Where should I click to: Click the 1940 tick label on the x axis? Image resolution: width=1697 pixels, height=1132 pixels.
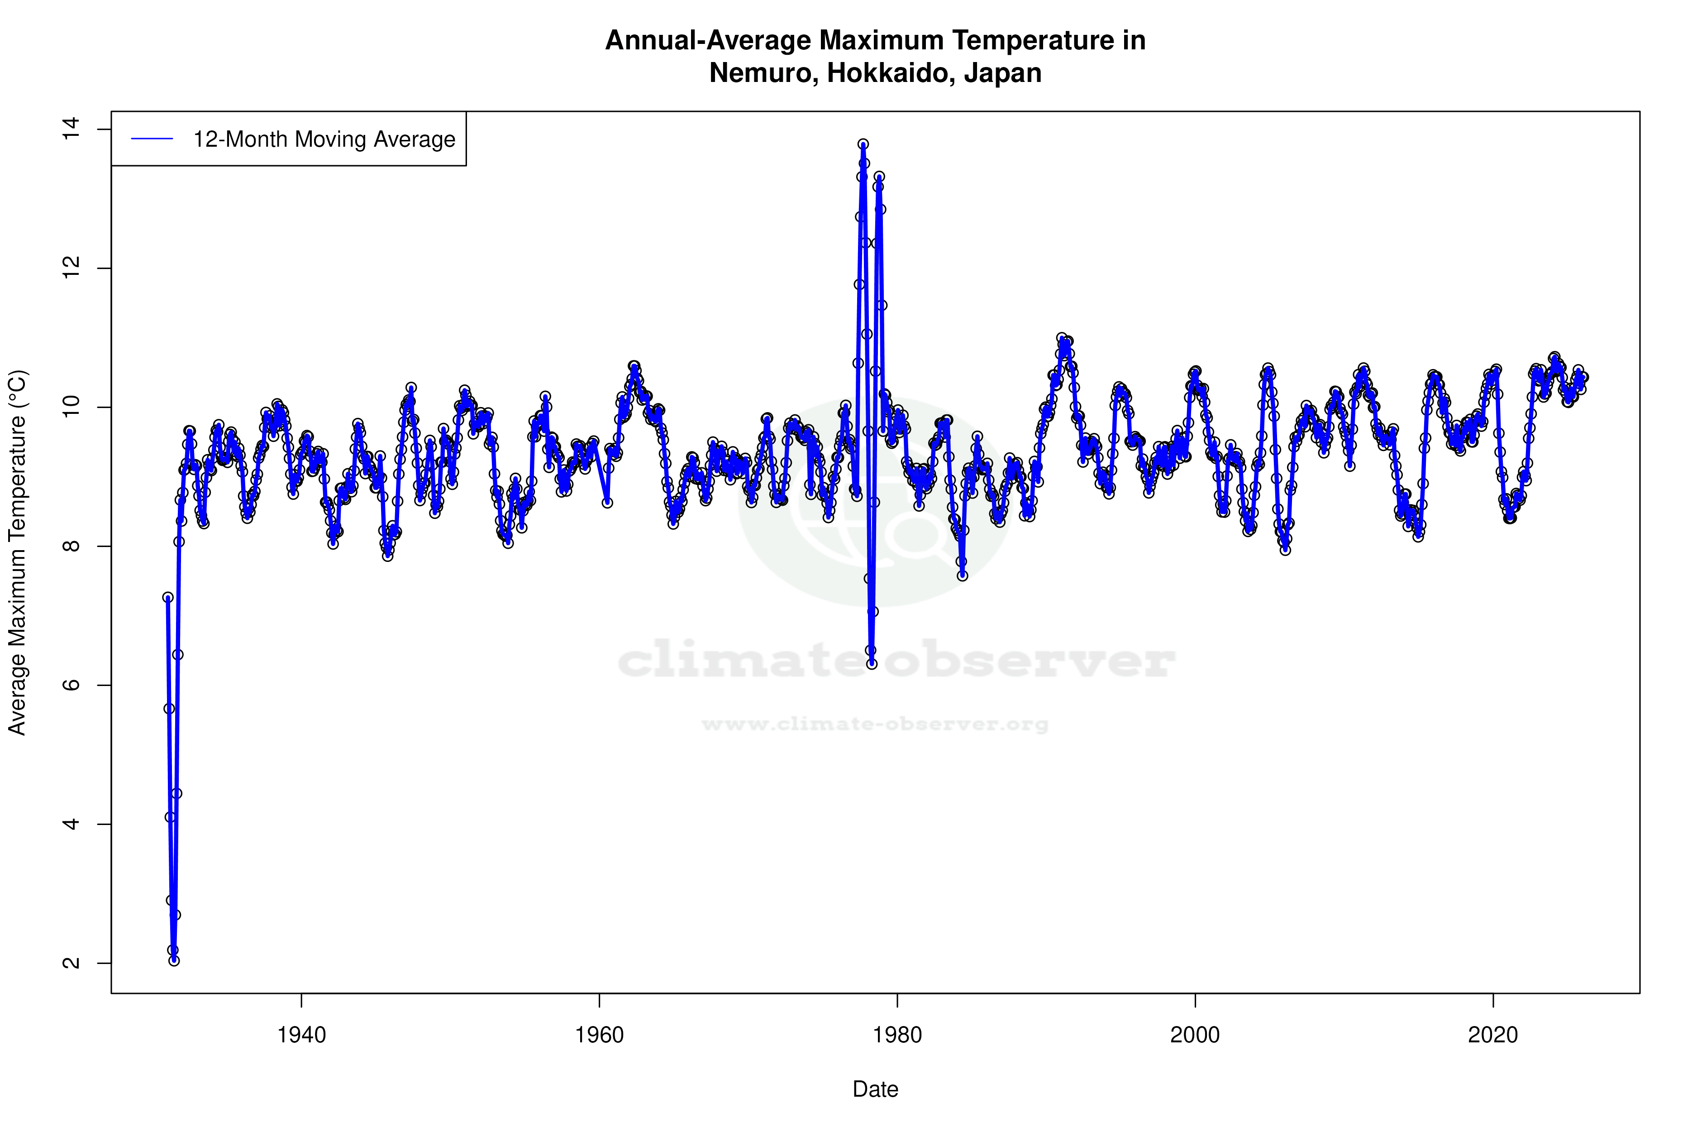point(301,1035)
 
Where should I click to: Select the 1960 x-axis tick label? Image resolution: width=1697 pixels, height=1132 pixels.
point(600,1035)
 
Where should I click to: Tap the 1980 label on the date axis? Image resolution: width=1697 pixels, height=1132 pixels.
point(897,1035)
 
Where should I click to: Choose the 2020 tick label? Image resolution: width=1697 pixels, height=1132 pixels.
point(1493,1035)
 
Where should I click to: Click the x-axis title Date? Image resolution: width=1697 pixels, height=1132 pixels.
point(875,1089)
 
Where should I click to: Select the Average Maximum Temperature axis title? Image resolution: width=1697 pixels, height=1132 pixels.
point(17,552)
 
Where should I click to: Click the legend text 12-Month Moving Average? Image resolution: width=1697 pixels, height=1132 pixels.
point(324,139)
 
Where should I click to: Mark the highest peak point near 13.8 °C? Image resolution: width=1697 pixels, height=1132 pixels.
point(863,144)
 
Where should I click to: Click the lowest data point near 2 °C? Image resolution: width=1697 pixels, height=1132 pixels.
point(174,960)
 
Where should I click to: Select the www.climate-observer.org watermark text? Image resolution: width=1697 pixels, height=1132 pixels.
point(875,724)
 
